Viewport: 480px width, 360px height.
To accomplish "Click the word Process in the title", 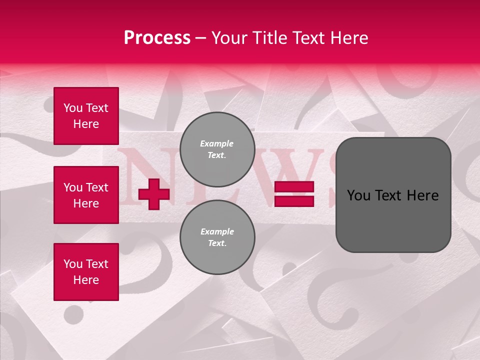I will (x=157, y=38).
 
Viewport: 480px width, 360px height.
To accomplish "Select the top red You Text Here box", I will (x=86, y=116).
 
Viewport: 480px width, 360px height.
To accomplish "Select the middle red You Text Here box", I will (x=86, y=195).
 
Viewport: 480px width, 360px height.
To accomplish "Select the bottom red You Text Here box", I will (x=86, y=271).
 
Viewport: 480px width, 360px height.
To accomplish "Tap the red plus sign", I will (x=153, y=194).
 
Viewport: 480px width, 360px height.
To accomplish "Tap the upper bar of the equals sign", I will (x=294, y=187).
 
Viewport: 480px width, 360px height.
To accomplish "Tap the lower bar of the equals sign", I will (x=294, y=201).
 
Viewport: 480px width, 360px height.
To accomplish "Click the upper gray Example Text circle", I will (x=217, y=149).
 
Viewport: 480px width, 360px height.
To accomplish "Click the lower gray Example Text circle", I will (x=217, y=237).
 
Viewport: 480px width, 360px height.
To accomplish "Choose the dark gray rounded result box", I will (x=393, y=195).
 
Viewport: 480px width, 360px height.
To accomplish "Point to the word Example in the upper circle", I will (x=216, y=143).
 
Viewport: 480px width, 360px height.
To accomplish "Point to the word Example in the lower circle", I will (x=217, y=231).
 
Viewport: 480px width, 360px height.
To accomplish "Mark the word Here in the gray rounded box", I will (x=421, y=195).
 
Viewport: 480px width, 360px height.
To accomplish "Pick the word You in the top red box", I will (x=72, y=108).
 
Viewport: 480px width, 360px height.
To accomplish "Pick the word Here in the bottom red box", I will (x=86, y=280).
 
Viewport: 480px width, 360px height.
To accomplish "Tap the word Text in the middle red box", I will (x=97, y=187).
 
